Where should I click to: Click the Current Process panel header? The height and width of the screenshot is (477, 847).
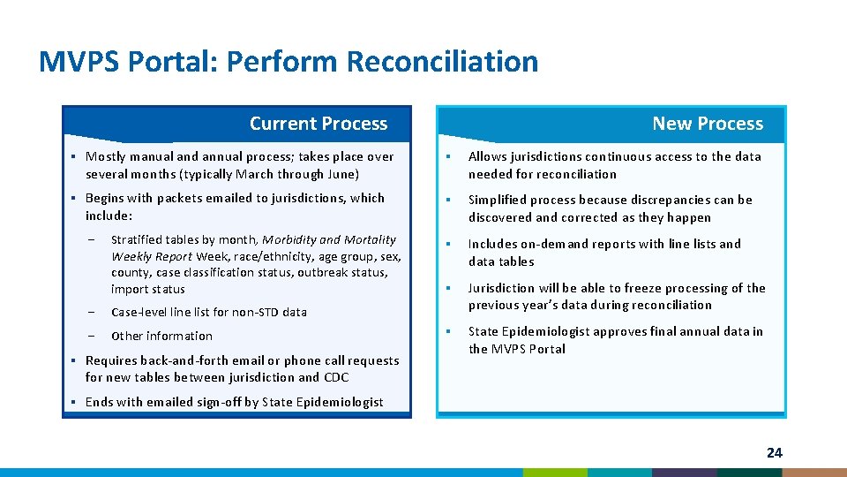[318, 124]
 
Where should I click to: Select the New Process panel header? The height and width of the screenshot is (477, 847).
[707, 124]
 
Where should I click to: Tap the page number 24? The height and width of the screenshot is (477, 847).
[774, 452]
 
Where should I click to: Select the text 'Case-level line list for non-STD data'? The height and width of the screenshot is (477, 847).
[208, 312]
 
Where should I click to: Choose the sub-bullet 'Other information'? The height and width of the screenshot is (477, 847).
[161, 336]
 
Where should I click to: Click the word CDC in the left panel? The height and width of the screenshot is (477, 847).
[336, 377]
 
